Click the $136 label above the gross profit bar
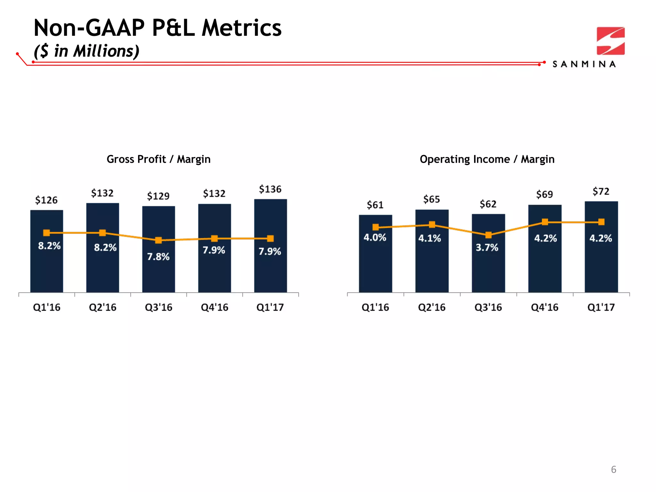pos(270,189)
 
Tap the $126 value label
pos(46,200)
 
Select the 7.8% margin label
pos(158,257)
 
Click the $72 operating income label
pos(601,192)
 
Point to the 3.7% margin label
pos(487,248)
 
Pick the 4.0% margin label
pos(375,238)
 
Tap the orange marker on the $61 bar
pos(376,227)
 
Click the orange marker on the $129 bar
pos(158,240)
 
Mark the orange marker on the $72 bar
pos(601,222)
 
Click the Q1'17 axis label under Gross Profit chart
pos(270,307)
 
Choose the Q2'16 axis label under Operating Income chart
pos(431,307)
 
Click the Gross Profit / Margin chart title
pos(159,159)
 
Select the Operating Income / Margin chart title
pos(487,159)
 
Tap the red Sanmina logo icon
pos(611,41)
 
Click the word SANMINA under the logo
pos(584,64)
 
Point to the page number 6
pos(613,470)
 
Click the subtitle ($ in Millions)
pos(86,51)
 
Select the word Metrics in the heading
pos(242,28)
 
